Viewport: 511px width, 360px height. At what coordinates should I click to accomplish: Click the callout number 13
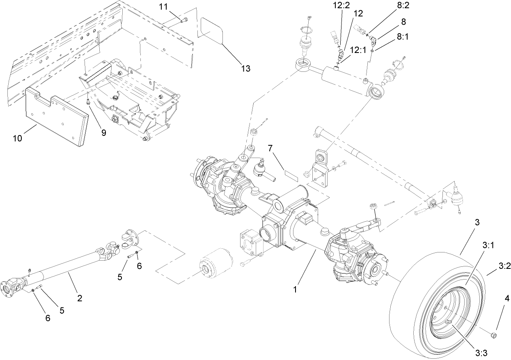(x=245, y=69)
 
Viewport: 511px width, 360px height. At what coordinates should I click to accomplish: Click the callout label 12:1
(x=357, y=49)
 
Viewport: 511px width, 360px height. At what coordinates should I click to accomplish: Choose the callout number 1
(x=294, y=289)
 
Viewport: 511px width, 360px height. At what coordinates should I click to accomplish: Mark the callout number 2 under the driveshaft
(x=80, y=298)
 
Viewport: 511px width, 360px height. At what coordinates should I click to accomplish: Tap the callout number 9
(x=103, y=133)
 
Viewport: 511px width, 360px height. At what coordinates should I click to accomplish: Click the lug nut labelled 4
(x=494, y=336)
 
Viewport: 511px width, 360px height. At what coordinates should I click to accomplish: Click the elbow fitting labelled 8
(x=374, y=40)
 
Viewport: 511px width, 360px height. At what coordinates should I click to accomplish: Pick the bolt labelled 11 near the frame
(x=183, y=20)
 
